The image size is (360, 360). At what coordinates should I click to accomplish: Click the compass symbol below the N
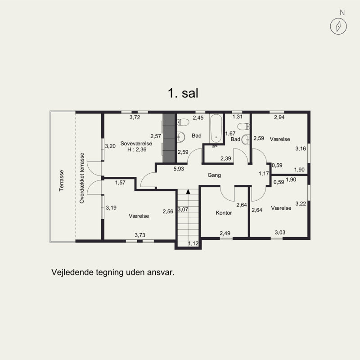click(338, 26)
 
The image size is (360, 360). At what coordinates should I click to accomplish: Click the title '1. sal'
click(183, 93)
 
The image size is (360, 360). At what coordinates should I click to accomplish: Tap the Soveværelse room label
click(136, 144)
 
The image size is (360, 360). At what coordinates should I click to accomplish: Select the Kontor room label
click(224, 213)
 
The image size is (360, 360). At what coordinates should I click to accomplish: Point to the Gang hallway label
click(214, 175)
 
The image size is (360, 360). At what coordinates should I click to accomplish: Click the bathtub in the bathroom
click(216, 128)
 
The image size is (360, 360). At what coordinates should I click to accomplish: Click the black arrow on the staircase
click(188, 191)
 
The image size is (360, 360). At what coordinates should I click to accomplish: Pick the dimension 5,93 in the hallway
click(179, 169)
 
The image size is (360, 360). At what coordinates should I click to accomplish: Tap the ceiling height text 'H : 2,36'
click(137, 150)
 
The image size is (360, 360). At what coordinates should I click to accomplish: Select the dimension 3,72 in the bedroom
click(135, 117)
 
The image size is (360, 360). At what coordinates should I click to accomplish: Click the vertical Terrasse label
click(61, 180)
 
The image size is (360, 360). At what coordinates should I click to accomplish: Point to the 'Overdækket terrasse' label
click(82, 178)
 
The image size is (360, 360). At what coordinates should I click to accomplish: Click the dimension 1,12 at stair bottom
click(193, 243)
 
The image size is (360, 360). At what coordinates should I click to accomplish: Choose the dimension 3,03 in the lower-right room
click(280, 232)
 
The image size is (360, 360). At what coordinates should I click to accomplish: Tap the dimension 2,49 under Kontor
click(225, 233)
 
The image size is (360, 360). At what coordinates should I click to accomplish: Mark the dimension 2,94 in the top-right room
click(279, 117)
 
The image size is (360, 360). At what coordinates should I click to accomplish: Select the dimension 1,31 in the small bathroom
click(238, 117)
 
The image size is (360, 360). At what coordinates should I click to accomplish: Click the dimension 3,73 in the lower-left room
click(140, 235)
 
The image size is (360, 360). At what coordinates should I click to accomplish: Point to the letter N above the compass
click(342, 13)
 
